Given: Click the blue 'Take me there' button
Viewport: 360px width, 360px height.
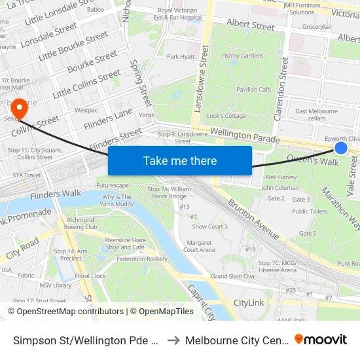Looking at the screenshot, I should tap(180, 160).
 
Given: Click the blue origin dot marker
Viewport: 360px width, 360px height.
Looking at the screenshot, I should tap(341, 148).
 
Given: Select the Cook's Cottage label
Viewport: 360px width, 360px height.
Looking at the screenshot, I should tap(225, 116).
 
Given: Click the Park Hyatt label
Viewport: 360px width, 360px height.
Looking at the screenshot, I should tap(181, 57).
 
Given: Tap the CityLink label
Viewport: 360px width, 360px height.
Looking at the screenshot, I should tap(249, 303).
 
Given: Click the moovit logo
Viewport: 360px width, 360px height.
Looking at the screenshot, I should tap(320, 340).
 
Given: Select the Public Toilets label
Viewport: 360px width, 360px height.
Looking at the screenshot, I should tap(310, 211).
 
